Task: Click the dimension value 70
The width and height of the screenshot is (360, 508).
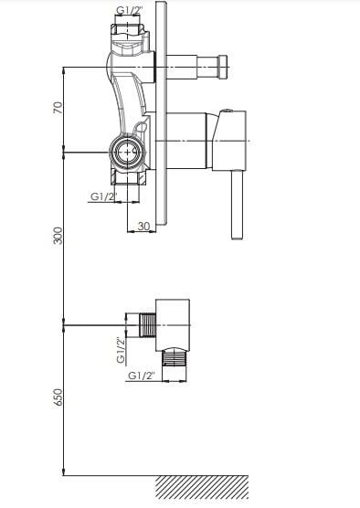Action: tap(58, 107)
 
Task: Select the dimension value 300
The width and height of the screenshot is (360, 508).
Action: tap(58, 236)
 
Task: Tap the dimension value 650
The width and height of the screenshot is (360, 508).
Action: tap(58, 397)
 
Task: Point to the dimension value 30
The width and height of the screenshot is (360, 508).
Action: tap(143, 226)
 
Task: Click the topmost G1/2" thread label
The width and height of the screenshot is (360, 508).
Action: tap(129, 10)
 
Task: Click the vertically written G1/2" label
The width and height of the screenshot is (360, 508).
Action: tap(121, 351)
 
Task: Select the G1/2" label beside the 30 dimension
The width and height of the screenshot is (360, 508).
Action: tap(103, 196)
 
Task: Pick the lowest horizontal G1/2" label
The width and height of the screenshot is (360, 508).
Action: tap(142, 376)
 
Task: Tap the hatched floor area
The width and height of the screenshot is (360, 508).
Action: tap(202, 487)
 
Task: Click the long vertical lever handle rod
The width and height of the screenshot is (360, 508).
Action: tap(238, 205)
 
